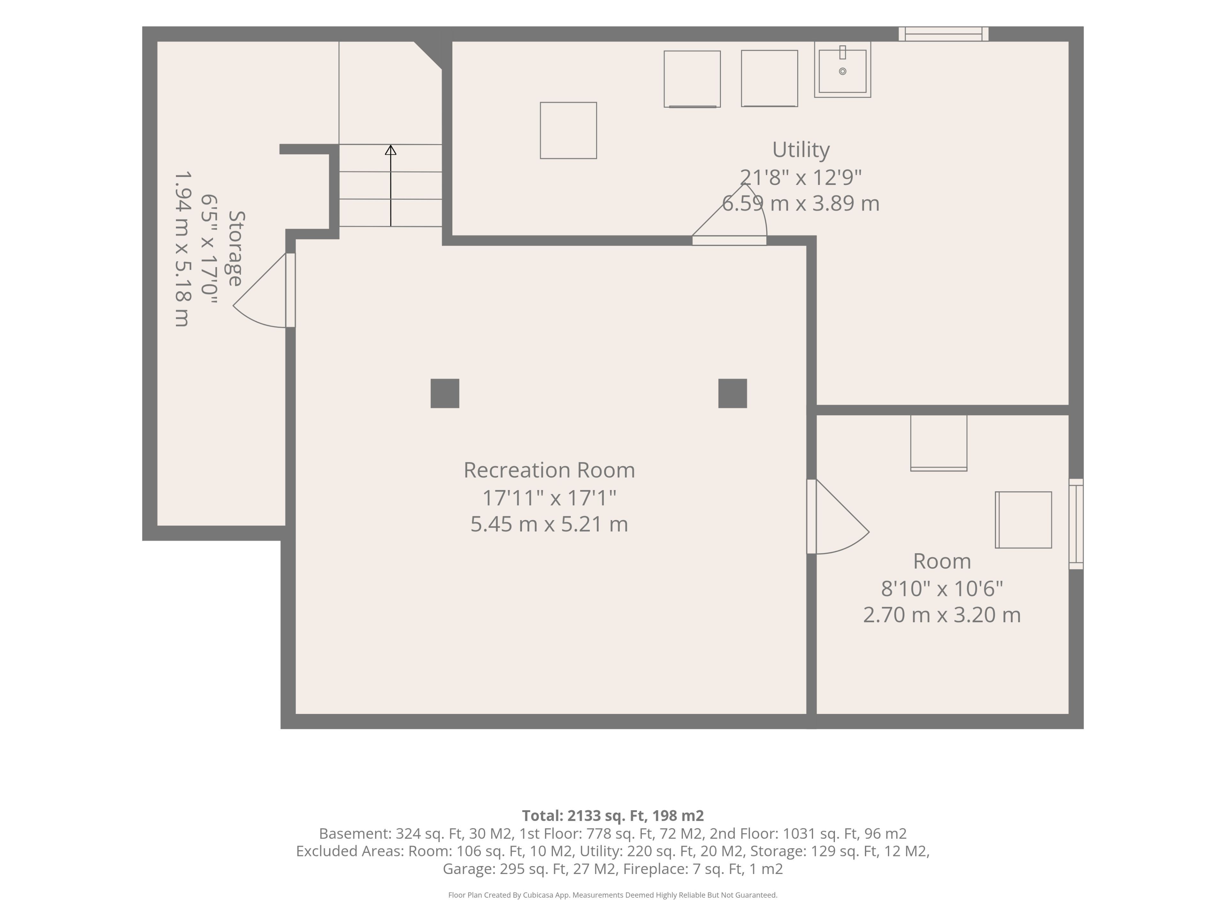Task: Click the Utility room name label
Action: pos(801,150)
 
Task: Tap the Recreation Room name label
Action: pos(549,470)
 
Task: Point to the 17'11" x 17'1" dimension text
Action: pos(549,497)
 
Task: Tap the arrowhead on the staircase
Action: pos(391,150)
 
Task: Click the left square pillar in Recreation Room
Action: pos(445,393)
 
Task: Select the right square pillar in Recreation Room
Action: pos(733,393)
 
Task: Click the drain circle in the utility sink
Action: pos(843,71)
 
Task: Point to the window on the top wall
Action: pos(943,34)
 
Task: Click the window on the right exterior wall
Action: pos(1076,524)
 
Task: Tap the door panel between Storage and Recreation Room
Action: pos(291,290)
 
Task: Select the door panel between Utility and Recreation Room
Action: pos(730,241)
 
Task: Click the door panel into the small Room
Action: pos(811,516)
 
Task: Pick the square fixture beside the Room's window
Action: pos(1023,520)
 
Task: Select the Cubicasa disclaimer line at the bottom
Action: pos(613,895)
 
